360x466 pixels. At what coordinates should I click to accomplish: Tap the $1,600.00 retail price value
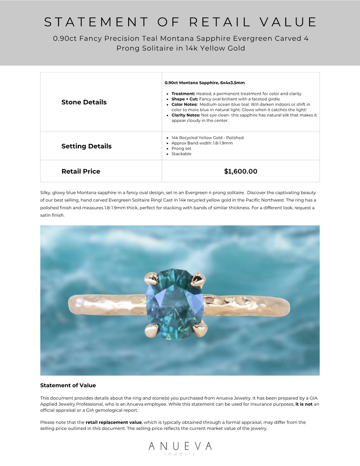click(241, 171)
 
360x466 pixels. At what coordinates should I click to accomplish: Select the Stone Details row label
click(84, 102)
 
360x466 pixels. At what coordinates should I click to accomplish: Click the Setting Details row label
click(86, 146)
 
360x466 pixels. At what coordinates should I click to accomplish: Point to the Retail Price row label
click(81, 171)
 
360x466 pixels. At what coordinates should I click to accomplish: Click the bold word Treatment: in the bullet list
click(183, 94)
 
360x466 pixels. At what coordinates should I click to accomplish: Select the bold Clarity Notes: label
click(186, 115)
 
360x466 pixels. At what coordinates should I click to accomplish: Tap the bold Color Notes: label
click(184, 104)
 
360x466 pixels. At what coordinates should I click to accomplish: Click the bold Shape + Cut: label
click(185, 99)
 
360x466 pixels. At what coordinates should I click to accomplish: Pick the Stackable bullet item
click(181, 154)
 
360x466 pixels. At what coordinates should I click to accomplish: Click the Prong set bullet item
click(181, 148)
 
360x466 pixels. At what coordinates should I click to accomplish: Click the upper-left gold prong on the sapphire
click(151, 278)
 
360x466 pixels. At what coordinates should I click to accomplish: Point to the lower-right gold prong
click(200, 331)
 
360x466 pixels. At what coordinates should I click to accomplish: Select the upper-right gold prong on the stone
click(198, 280)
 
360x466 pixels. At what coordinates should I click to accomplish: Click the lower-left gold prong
click(151, 331)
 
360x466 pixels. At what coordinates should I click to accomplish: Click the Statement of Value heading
click(68, 385)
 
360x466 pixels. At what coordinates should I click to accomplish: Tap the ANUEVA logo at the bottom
click(180, 447)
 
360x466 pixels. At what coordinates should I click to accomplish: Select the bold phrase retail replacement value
click(114, 422)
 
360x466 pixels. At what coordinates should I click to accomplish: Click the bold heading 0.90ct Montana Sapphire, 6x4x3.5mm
click(205, 83)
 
